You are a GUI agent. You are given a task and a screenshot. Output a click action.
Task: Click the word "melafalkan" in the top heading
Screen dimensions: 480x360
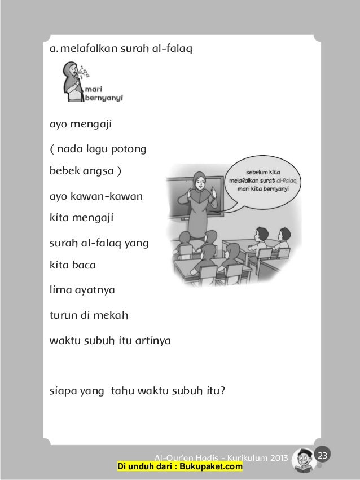point(87,49)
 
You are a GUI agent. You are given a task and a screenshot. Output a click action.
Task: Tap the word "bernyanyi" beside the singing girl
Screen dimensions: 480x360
point(104,96)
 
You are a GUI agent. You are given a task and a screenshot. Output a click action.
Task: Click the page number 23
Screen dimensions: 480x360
point(323,455)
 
